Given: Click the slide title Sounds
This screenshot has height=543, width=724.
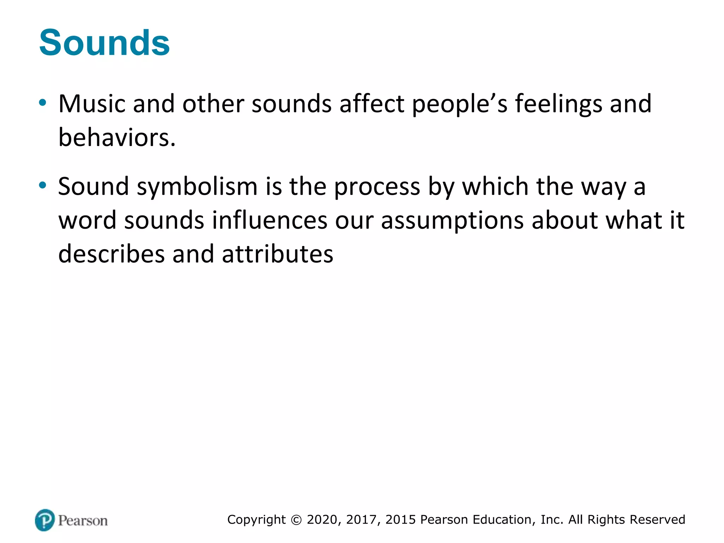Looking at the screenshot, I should point(104,43).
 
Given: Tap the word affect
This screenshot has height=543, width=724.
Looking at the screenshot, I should point(372,104).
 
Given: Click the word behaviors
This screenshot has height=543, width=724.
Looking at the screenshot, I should point(117,138).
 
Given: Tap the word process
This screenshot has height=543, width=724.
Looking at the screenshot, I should point(377,187).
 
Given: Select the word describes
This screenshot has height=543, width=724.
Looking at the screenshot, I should point(111,254).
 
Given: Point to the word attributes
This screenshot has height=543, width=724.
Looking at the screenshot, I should point(278,254).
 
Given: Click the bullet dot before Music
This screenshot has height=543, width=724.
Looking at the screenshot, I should point(43,103).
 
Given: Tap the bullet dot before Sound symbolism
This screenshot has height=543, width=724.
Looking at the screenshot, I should point(43,185).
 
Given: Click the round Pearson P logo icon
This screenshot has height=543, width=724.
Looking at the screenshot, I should point(45,520).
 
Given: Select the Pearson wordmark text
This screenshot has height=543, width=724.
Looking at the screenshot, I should point(83,521).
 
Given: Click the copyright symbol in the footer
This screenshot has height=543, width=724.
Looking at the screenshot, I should point(297,520).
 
